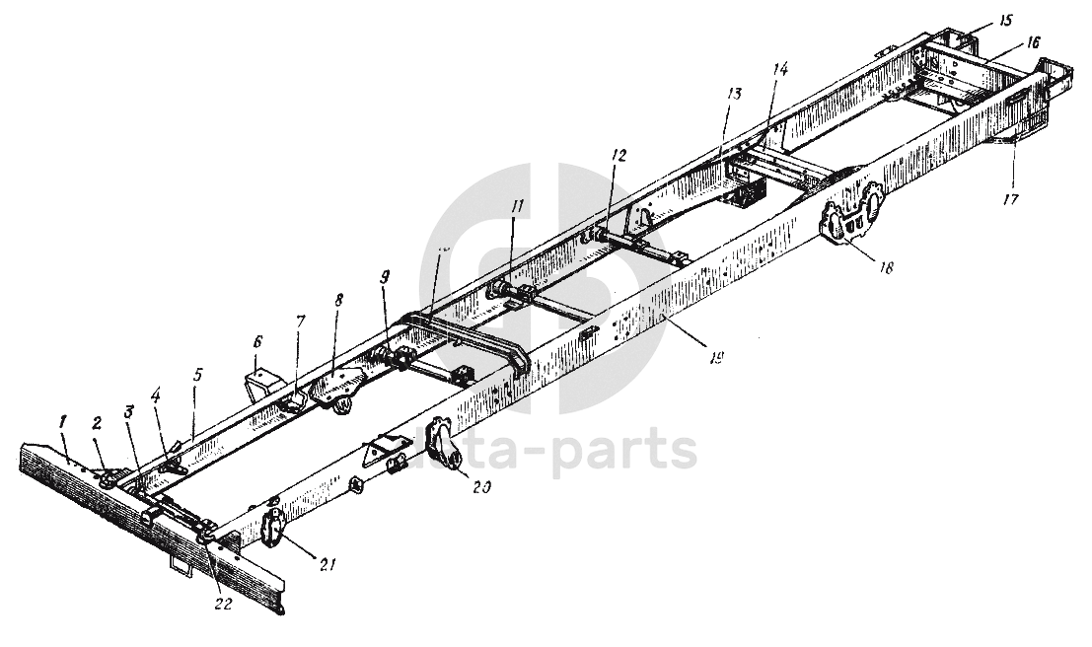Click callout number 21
pos(328,564)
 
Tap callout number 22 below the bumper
pos(224,604)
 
